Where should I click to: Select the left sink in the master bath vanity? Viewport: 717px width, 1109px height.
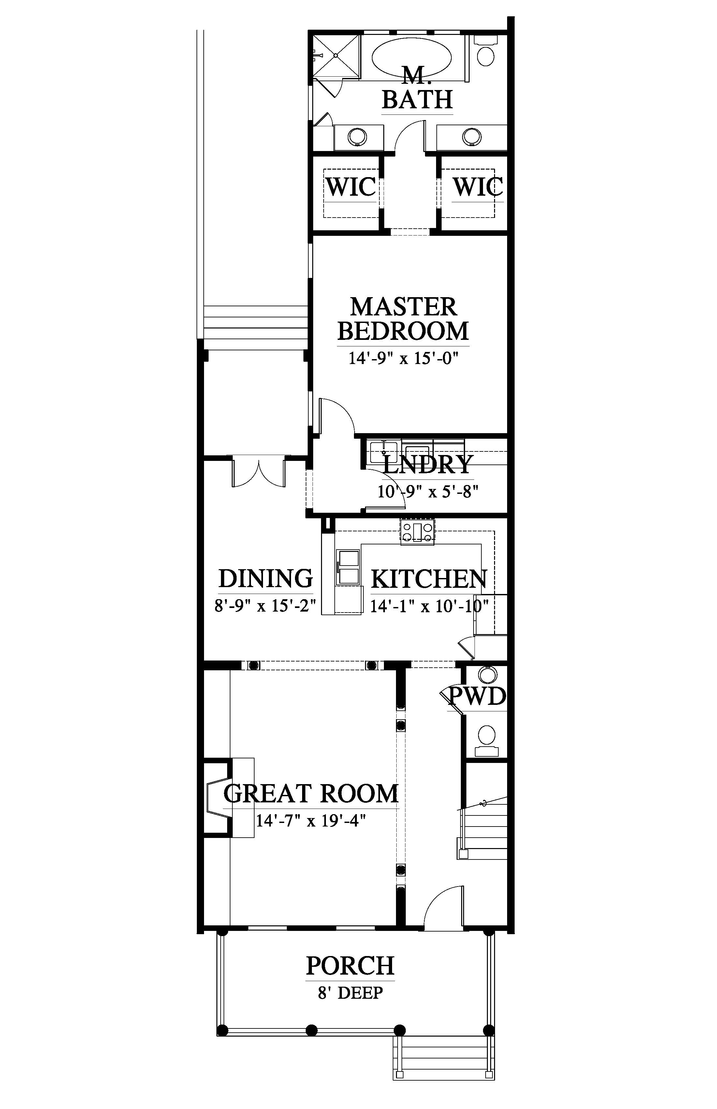[x=358, y=137]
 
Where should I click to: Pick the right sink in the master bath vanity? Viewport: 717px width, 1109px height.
[x=472, y=137]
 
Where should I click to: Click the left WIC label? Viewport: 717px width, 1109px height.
[x=350, y=187]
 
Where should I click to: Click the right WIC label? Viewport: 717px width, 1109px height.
[x=478, y=187]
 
